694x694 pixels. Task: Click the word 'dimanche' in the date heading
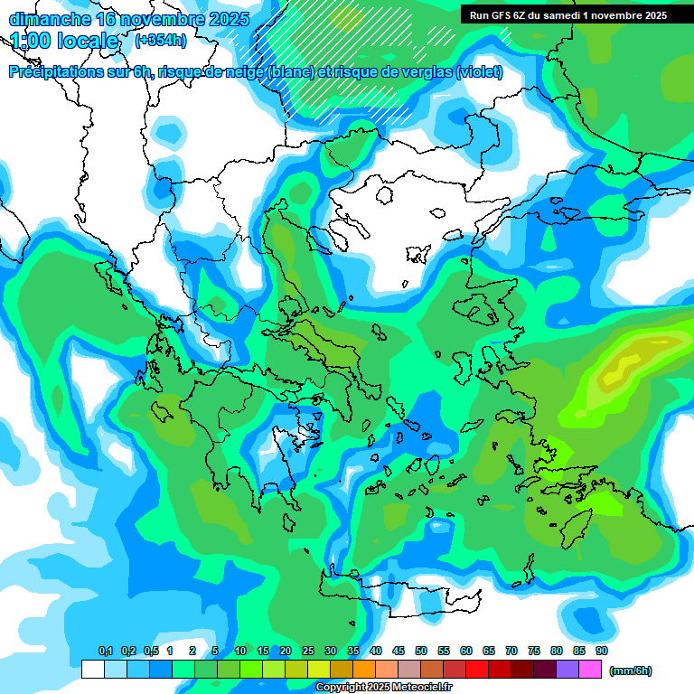44,19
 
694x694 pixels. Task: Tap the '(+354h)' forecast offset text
161,40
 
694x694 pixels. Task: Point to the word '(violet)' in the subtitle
479,72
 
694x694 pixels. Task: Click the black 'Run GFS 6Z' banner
567,14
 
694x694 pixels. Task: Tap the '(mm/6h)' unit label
630,671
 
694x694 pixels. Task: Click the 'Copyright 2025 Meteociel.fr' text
383,688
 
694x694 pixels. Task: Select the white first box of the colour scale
92,670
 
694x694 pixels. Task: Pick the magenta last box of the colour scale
590,670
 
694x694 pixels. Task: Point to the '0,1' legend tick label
106,652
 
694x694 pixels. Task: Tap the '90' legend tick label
602,652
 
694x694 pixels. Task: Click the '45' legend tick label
399,652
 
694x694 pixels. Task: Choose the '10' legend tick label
240,652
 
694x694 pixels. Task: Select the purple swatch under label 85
567,670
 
